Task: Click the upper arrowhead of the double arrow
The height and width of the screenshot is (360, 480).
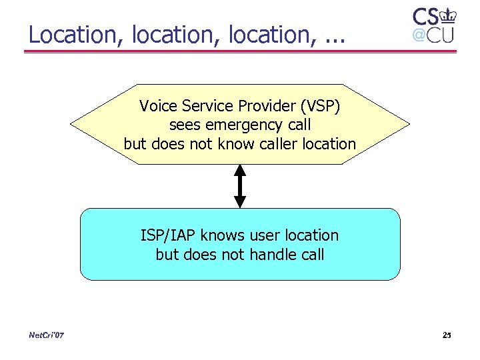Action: tap(240, 171)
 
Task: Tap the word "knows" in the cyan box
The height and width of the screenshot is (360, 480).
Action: tap(221, 235)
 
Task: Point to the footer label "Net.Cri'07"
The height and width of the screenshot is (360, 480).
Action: tap(47, 335)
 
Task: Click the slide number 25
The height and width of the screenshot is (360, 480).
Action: tap(447, 335)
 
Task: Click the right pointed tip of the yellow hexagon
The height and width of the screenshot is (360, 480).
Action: tap(409, 124)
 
